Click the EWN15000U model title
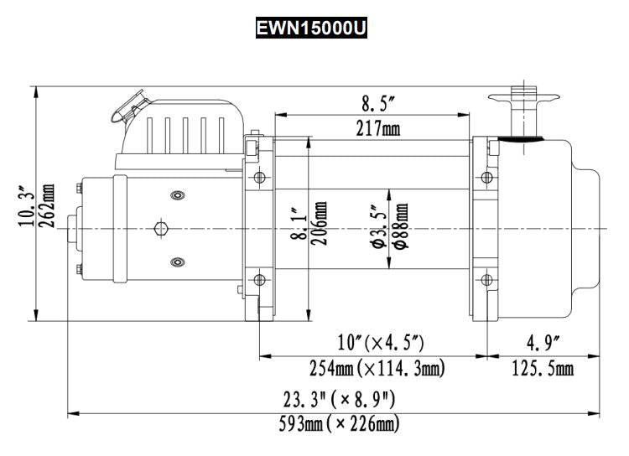(311, 28)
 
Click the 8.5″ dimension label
(378, 105)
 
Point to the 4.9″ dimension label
(543, 344)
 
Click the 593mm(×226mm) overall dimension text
(339, 424)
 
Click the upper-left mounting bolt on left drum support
(258, 177)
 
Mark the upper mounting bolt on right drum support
(486, 177)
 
